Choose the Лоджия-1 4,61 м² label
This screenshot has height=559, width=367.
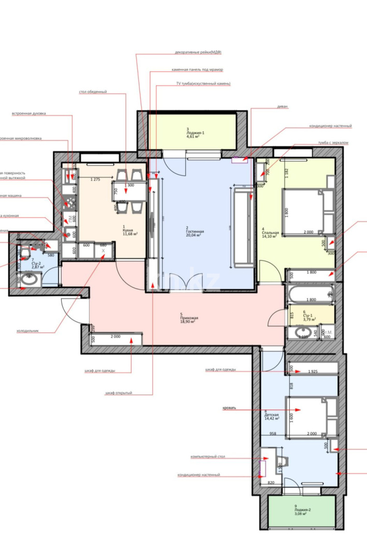[x=196, y=134]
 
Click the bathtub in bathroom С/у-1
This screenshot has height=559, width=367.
[x=309, y=296]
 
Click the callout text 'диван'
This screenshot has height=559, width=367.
[x=282, y=107]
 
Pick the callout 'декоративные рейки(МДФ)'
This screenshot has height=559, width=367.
[x=201, y=53]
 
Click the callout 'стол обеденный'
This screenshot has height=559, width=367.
[x=93, y=92]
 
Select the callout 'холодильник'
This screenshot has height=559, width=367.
[x=28, y=330]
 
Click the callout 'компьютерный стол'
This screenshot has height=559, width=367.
[x=208, y=457]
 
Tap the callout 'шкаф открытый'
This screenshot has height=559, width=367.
[x=119, y=393]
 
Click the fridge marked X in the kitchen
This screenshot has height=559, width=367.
[x=103, y=251]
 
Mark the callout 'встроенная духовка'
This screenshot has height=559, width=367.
[x=29, y=113]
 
